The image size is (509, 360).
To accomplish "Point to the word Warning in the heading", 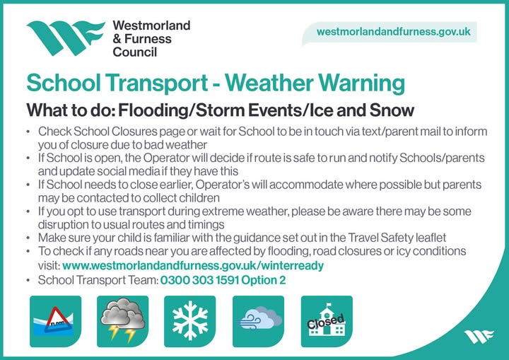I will click(360, 83).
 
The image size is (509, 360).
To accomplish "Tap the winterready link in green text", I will click(193, 266).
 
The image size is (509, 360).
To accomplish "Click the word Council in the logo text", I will click(135, 52).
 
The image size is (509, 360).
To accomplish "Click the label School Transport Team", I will click(98, 280).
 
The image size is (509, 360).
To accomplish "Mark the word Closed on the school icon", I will click(325, 323).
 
